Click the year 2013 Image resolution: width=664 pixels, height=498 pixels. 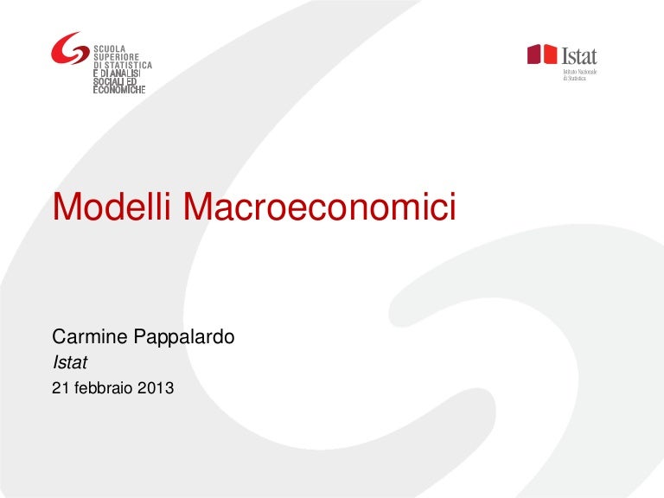156,388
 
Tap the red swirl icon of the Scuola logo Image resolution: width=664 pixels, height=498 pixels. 69,50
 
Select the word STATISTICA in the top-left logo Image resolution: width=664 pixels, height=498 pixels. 131,66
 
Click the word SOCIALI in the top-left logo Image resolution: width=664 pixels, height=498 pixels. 107,82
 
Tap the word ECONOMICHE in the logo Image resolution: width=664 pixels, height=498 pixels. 118,90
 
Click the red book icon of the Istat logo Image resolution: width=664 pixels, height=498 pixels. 542,54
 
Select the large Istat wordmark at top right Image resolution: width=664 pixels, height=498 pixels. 579,55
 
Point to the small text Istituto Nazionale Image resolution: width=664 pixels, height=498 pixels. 580,72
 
